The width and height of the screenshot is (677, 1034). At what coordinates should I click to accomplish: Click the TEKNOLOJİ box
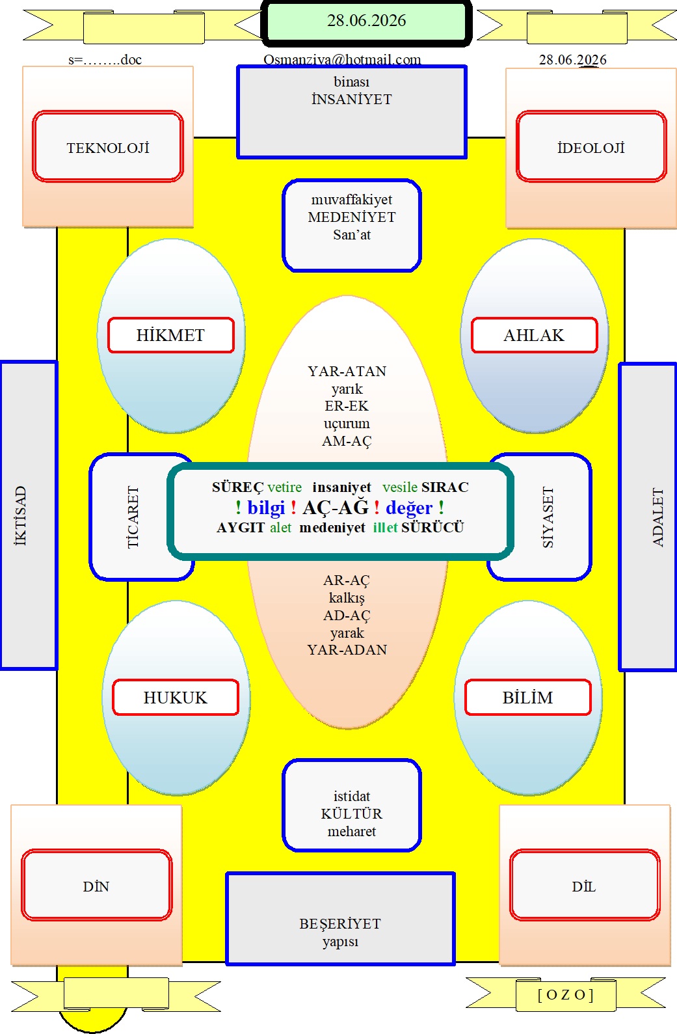[108, 146]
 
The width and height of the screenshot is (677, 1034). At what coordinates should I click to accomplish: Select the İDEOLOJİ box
[591, 146]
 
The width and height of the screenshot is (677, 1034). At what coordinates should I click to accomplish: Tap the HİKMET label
[170, 335]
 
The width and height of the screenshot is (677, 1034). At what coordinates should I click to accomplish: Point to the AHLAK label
[534, 335]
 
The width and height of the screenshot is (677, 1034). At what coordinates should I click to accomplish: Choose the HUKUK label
[176, 698]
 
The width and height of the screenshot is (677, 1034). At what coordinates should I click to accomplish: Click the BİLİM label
[527, 698]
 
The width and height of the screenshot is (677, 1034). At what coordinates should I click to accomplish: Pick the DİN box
[96, 885]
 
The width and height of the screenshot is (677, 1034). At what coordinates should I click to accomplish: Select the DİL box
[585, 885]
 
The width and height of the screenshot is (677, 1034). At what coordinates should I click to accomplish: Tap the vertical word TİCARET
[133, 517]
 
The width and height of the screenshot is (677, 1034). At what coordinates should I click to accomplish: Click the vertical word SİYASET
[548, 517]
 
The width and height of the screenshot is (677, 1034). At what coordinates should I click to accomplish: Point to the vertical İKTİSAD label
[20, 516]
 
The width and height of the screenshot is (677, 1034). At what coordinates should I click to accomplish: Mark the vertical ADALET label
[657, 517]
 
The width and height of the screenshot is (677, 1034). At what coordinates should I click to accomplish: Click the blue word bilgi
[266, 508]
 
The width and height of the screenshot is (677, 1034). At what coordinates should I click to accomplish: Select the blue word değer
[409, 508]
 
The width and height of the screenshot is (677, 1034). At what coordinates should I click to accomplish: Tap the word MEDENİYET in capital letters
[352, 217]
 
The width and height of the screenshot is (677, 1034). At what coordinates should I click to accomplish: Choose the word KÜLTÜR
[352, 813]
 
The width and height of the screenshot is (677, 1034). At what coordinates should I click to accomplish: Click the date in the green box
[366, 20]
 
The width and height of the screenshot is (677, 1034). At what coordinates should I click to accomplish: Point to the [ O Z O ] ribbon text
[566, 994]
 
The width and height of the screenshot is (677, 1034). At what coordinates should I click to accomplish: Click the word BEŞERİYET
[340, 923]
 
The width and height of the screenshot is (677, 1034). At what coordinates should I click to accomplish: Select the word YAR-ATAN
[347, 371]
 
